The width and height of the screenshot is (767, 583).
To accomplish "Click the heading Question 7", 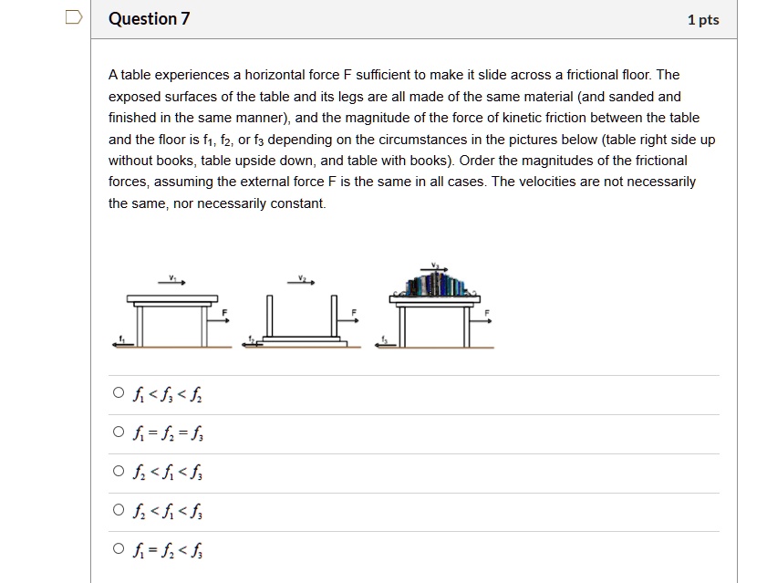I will click(x=149, y=19).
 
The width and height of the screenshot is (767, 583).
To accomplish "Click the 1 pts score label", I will click(x=703, y=20).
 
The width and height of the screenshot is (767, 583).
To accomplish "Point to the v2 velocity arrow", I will click(x=301, y=281).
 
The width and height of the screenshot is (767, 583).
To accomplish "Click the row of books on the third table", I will click(x=436, y=286).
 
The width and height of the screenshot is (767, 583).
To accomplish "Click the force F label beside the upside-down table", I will click(x=353, y=313).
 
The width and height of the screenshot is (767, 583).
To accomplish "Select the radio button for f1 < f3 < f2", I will click(x=118, y=394).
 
